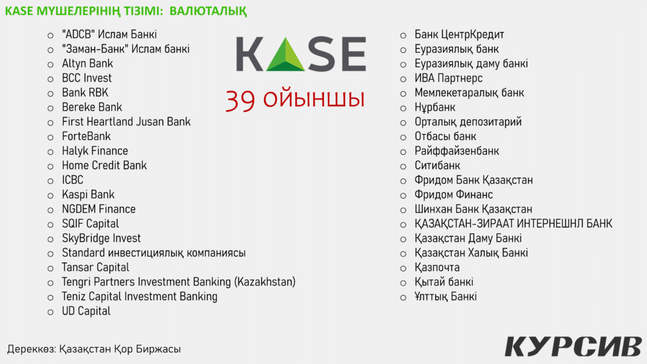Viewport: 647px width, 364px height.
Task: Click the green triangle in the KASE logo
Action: click(x=286, y=55)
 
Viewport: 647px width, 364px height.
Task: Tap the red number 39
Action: click(x=240, y=100)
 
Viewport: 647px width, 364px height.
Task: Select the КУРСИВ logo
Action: click(x=573, y=346)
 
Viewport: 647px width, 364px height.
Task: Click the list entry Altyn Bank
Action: click(x=87, y=64)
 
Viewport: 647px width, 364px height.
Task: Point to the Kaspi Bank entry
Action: click(x=88, y=195)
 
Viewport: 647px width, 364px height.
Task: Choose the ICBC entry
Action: click(x=73, y=180)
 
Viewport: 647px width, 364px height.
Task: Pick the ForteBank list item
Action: click(x=86, y=136)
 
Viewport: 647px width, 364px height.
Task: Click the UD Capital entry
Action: click(x=86, y=311)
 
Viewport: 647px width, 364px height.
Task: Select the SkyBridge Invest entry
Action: click(x=101, y=238)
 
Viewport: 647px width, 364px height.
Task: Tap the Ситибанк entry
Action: click(x=437, y=166)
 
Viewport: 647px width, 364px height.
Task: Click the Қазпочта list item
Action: click(x=437, y=267)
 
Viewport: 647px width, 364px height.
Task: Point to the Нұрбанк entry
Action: click(x=435, y=107)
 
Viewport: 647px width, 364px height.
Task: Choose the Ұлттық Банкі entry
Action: click(x=445, y=297)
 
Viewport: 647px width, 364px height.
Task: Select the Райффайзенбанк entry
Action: click(x=457, y=151)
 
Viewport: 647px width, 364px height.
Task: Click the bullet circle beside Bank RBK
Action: click(x=51, y=94)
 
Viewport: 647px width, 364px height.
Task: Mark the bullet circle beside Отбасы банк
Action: click(x=403, y=137)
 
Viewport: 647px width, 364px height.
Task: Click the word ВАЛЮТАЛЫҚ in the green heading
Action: click(x=208, y=11)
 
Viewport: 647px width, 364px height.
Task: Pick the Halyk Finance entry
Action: click(x=95, y=151)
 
